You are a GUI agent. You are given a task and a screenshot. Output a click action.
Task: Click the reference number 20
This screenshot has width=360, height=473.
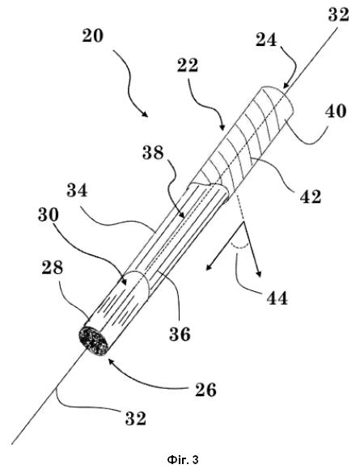(93, 36)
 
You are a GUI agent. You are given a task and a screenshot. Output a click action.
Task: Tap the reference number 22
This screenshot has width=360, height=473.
(188, 65)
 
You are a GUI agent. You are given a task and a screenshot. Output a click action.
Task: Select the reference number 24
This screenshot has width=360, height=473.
(266, 40)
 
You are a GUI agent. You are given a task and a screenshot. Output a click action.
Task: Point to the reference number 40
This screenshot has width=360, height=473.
(335, 111)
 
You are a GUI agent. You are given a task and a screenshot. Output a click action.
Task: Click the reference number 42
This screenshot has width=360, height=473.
(310, 196)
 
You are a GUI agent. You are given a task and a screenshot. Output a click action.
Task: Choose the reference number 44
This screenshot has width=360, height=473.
(277, 298)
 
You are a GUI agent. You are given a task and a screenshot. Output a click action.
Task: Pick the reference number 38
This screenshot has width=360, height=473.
(153, 153)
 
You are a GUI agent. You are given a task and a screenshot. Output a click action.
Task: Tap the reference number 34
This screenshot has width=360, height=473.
(77, 191)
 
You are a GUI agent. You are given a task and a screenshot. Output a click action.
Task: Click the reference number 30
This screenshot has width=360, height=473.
(49, 215)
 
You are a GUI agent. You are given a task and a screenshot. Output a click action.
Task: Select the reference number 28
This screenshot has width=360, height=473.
(53, 268)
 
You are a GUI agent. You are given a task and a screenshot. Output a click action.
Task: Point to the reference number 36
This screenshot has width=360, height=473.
(180, 334)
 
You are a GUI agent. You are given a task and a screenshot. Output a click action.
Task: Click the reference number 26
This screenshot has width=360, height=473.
(205, 390)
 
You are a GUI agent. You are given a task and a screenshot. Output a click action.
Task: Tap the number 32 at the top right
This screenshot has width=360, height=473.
(339, 15)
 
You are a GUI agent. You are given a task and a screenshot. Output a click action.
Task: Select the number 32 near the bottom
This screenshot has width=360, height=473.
(136, 419)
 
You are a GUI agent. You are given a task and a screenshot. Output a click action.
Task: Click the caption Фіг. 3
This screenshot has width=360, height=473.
(183, 460)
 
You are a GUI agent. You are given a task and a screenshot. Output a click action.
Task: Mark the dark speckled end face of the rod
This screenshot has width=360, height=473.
(93, 342)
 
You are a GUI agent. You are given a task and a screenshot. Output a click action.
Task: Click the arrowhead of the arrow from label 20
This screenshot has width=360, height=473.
(146, 114)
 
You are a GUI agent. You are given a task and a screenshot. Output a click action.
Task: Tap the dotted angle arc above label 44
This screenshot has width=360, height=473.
(240, 247)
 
